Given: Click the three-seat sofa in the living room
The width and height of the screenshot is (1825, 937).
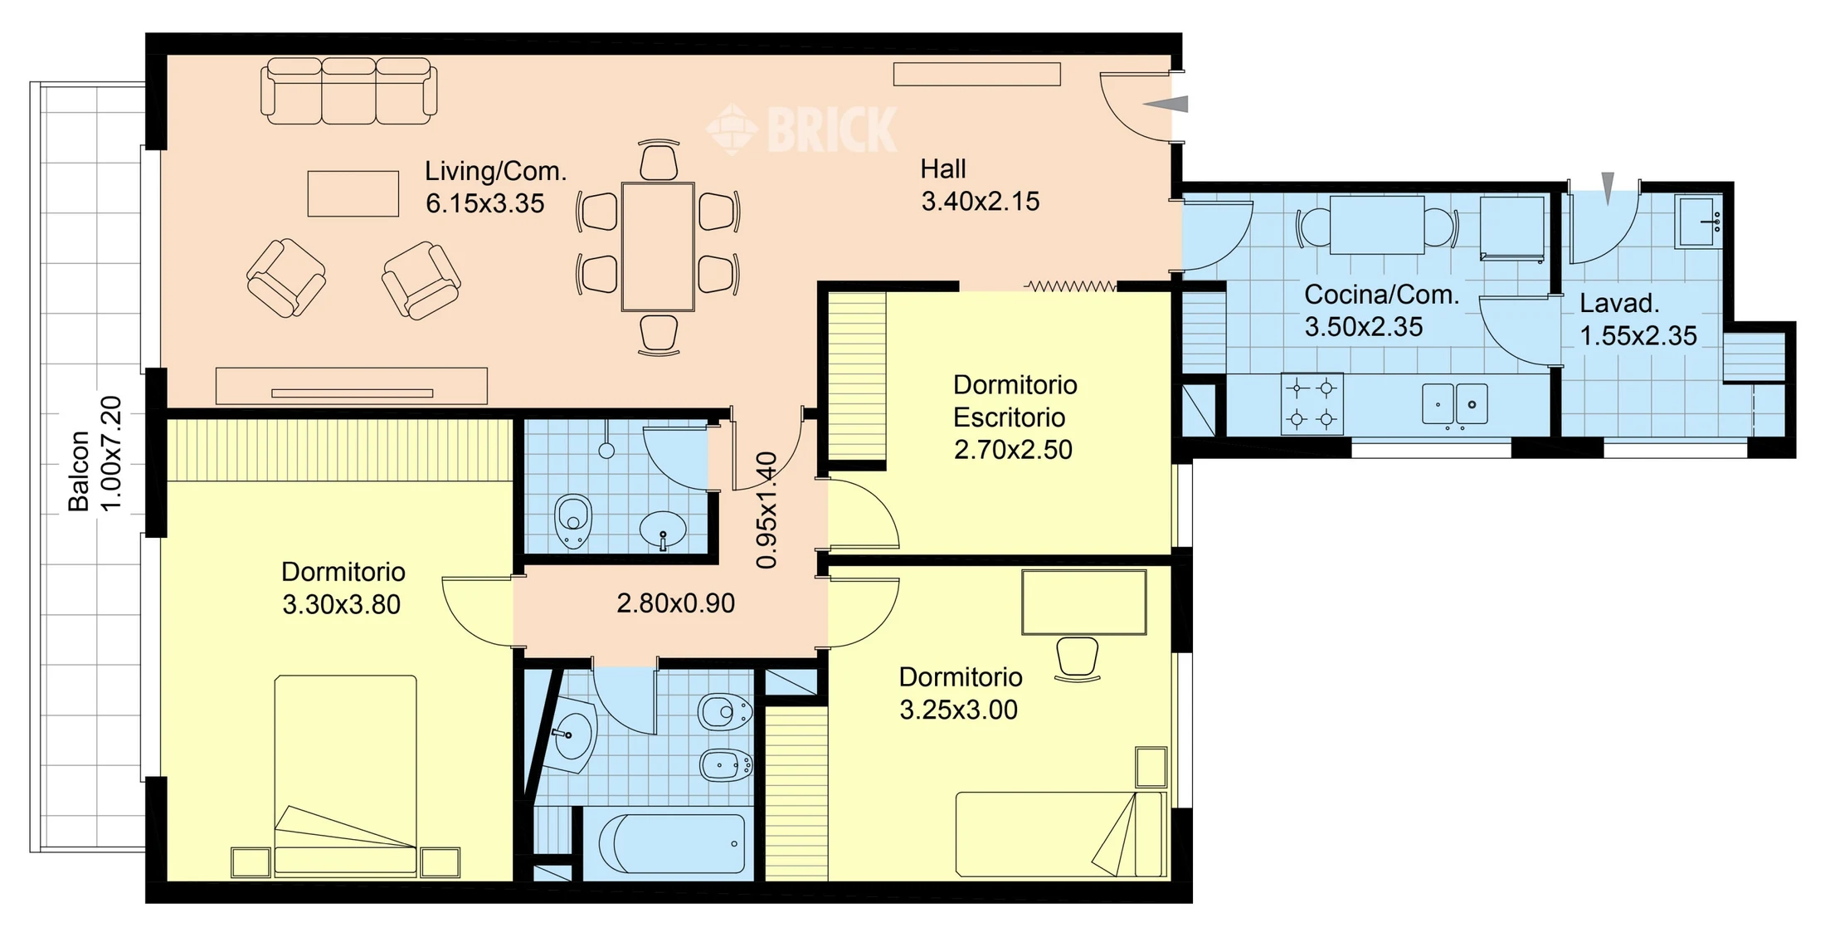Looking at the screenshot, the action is click(349, 90).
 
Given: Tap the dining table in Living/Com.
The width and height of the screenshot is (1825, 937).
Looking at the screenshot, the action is click(658, 246).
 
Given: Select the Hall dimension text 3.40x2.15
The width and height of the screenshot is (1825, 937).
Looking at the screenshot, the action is click(980, 201).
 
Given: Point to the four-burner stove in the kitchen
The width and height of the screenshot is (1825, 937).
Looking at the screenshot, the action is click(1312, 403).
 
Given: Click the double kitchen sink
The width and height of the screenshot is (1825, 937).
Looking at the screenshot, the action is click(1454, 404).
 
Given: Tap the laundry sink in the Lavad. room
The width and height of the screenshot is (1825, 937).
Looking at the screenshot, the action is click(1697, 222).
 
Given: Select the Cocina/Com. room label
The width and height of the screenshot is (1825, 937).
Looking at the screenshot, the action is click(1381, 295).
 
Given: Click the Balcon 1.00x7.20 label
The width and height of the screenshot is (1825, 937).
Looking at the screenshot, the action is click(95, 454).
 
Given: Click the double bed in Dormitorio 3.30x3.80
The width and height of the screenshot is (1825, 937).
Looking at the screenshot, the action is click(345, 776).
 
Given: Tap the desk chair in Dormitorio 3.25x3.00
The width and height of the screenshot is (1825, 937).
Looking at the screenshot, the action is click(1078, 659).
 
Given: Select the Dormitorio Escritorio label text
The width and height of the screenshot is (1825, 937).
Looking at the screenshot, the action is click(1015, 401).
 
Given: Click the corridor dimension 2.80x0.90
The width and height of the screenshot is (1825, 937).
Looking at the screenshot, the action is click(675, 603).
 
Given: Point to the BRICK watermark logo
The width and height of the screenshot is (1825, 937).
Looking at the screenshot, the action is click(801, 129).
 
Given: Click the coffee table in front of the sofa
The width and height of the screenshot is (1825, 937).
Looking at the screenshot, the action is click(353, 193).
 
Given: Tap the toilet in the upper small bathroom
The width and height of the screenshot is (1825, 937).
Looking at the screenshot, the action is click(572, 521).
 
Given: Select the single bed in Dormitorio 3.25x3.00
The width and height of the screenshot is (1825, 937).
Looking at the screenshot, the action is click(1061, 834).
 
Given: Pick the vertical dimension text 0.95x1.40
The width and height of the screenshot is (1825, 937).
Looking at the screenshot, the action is click(766, 510).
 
